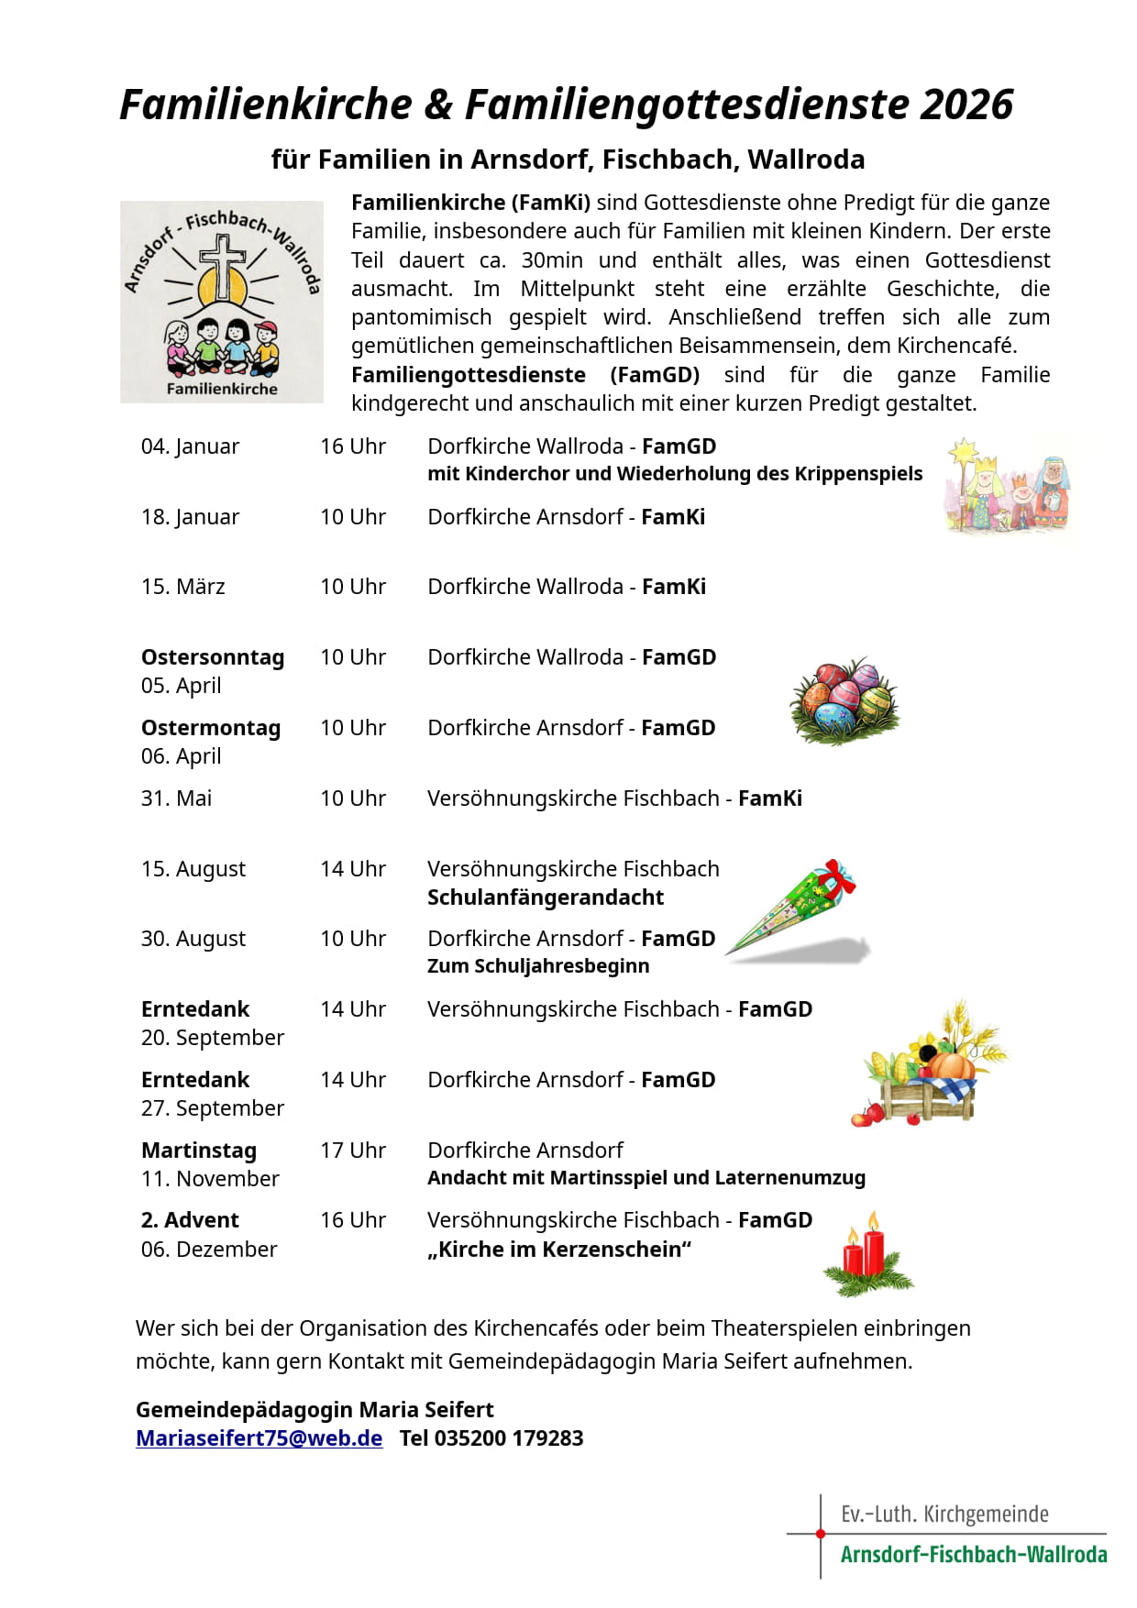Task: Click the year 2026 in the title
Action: pyautogui.click(x=966, y=105)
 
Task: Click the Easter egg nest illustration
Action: pyautogui.click(x=844, y=700)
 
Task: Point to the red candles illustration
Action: pyautogui.click(x=867, y=1253)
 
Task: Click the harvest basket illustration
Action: pyautogui.click(x=931, y=1066)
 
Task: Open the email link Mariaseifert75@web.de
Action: pyautogui.click(x=259, y=1437)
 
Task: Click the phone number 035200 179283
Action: pyautogui.click(x=509, y=1437)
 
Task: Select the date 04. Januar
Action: pyautogui.click(x=190, y=446)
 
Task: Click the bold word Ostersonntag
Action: pyautogui.click(x=213, y=657)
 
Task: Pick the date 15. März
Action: pyautogui.click(x=182, y=587)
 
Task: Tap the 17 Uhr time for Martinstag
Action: pyautogui.click(x=353, y=1151)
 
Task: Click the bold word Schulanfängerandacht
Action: pyautogui.click(x=546, y=898)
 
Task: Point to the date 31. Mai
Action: pyautogui.click(x=176, y=798)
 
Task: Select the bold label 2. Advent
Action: pyautogui.click(x=190, y=1220)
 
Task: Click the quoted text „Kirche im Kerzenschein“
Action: pyautogui.click(x=559, y=1250)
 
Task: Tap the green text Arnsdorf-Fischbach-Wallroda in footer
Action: pyautogui.click(x=974, y=1555)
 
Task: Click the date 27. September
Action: pyautogui.click(x=213, y=1108)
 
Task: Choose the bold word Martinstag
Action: pyautogui.click(x=199, y=1151)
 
